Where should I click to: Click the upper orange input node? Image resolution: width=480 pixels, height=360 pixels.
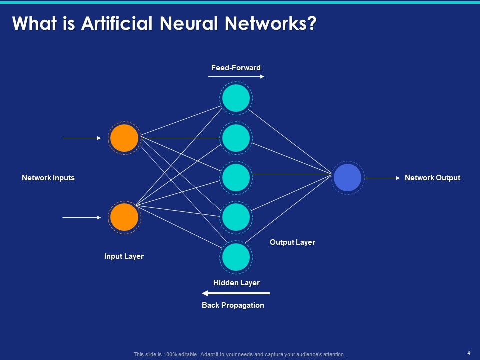coord(124,138)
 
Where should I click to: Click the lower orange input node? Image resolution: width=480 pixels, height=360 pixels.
coord(124,217)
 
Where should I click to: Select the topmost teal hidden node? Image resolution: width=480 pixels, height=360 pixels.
coord(236,98)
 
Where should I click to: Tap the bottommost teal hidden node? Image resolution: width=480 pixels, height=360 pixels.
coord(236,257)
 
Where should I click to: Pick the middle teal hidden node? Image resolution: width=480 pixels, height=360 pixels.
coord(236,177)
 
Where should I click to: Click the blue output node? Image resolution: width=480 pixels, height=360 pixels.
coord(347,177)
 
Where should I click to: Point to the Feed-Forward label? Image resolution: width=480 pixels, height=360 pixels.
coord(236,67)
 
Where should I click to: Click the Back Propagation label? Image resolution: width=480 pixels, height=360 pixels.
coord(233,305)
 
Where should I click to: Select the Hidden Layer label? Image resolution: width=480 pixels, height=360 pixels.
coord(236,283)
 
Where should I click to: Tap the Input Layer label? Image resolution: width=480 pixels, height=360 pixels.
coord(124,256)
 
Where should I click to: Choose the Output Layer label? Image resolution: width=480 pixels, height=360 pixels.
coord(292,242)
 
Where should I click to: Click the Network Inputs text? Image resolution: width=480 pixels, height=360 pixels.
coord(48,178)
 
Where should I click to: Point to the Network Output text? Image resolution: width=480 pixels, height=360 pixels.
coord(432,178)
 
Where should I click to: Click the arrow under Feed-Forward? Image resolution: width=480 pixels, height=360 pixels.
coord(236,77)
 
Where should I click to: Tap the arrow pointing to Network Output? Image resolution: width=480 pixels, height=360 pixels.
coord(382,177)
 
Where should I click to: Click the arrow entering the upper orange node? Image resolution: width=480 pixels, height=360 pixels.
coord(82,138)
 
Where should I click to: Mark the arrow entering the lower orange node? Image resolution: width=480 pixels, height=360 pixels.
coord(82,217)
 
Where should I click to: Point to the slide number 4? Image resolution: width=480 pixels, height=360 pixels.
coord(468,353)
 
